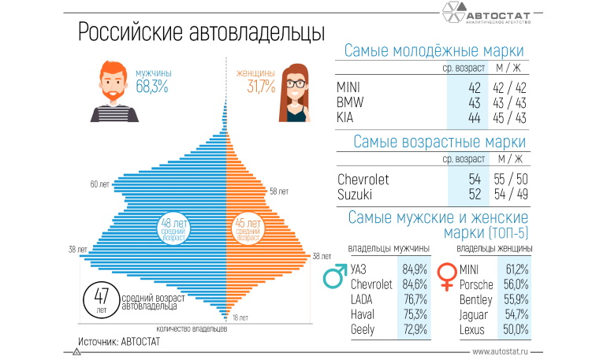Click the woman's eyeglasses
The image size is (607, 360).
294,83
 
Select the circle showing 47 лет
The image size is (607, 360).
101,300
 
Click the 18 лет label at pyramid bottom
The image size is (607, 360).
240,317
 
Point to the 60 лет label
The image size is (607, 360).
99,184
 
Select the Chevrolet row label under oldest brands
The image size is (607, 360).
363,180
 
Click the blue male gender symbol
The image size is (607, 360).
336,278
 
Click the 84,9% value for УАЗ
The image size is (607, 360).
415,270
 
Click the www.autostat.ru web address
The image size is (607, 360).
505,351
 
